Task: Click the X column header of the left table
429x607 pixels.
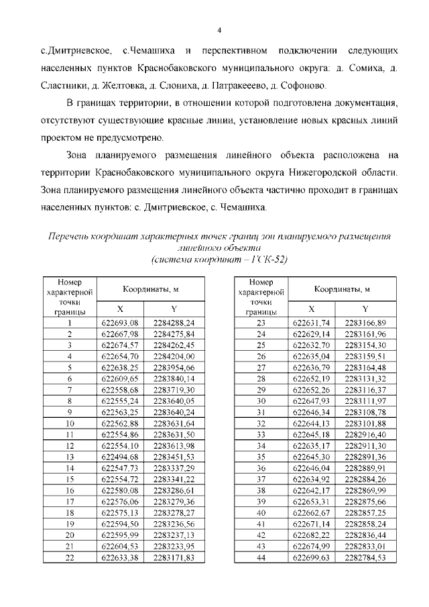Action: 121,309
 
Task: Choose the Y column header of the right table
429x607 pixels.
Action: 365,309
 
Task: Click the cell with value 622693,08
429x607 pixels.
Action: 121,323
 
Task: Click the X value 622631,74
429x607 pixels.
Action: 312,323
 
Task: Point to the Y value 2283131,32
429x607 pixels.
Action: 365,378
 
